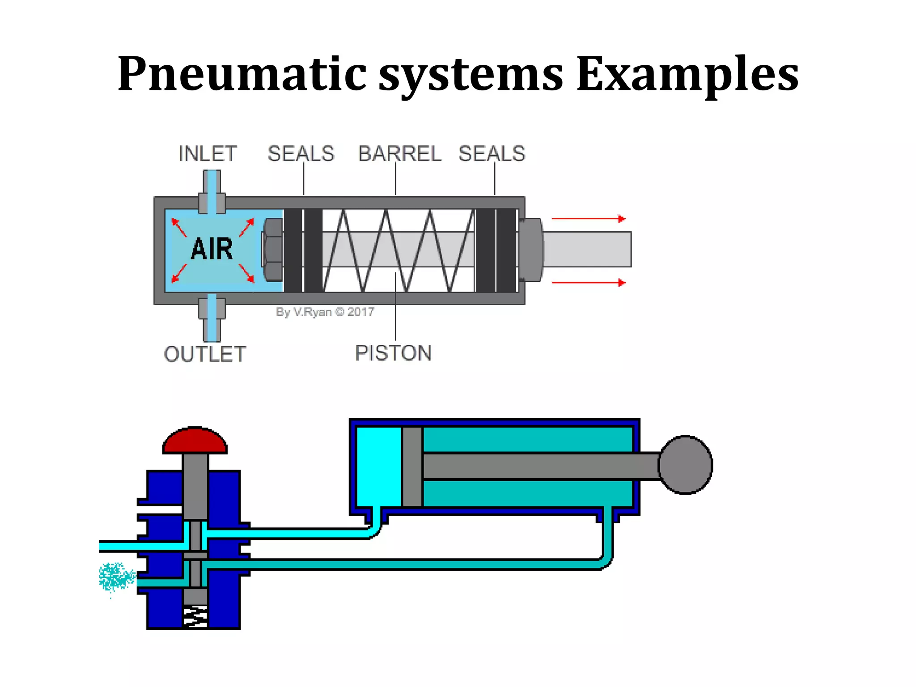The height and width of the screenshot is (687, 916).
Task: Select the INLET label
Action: click(x=208, y=154)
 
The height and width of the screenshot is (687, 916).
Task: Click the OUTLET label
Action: click(x=205, y=354)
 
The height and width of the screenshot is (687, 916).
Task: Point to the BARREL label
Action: click(x=399, y=154)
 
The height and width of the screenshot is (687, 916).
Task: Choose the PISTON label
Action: click(x=393, y=353)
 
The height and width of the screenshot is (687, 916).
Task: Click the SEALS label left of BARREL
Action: click(x=301, y=154)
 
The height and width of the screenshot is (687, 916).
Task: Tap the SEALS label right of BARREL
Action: click(x=492, y=154)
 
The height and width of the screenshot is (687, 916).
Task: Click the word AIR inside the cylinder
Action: click(x=212, y=249)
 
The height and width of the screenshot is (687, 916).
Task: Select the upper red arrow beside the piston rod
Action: click(x=589, y=219)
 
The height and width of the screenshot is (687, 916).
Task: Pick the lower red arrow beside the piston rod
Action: click(x=589, y=283)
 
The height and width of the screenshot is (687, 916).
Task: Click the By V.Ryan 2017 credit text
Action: click(x=325, y=312)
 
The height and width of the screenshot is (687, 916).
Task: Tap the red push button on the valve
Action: click(x=195, y=440)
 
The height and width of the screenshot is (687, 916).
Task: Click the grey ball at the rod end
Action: click(x=685, y=465)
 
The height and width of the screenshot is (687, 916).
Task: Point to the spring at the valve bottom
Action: click(x=195, y=616)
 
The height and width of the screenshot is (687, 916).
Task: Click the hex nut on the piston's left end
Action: click(x=272, y=250)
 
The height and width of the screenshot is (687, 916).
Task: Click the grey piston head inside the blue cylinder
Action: click(x=412, y=466)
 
